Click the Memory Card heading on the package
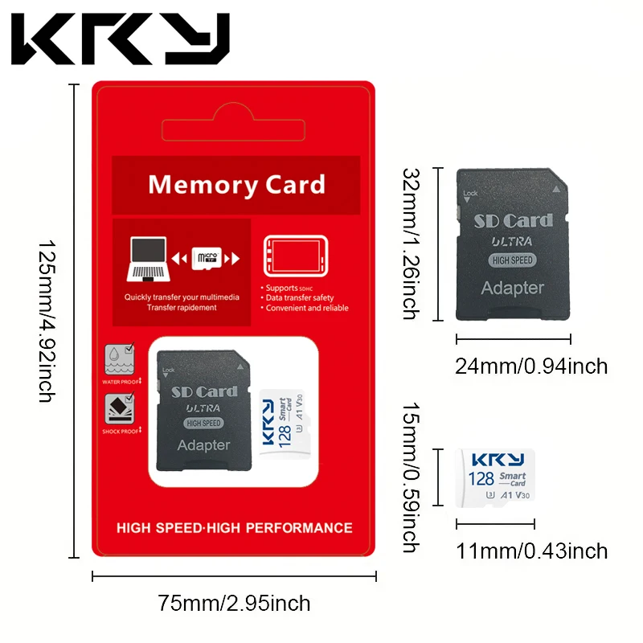pos(236,185)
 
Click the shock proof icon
pos(118,412)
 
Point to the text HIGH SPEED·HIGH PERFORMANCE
pos(234,528)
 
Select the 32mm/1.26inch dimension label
pos(411,244)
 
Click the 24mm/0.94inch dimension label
pos(531,367)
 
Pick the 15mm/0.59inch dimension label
pos(411,478)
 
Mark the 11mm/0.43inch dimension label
pos(531,551)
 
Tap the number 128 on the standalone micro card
pos(481,479)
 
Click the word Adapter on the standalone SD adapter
pos(512,288)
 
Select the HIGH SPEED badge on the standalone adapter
pos(513,260)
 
